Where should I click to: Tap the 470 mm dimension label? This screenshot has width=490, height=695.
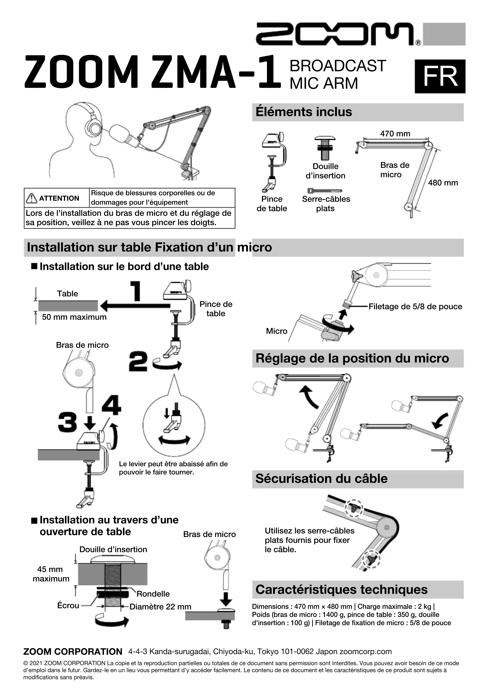coord(395,134)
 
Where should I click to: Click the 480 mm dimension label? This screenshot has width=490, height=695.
coord(443,183)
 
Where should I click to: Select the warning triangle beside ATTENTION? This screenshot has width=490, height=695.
coord(31,198)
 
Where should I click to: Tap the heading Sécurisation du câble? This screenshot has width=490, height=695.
coord(321,479)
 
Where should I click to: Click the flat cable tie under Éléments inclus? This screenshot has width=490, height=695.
coord(325,191)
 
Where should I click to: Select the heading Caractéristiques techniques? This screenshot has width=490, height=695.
coord(341,589)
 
